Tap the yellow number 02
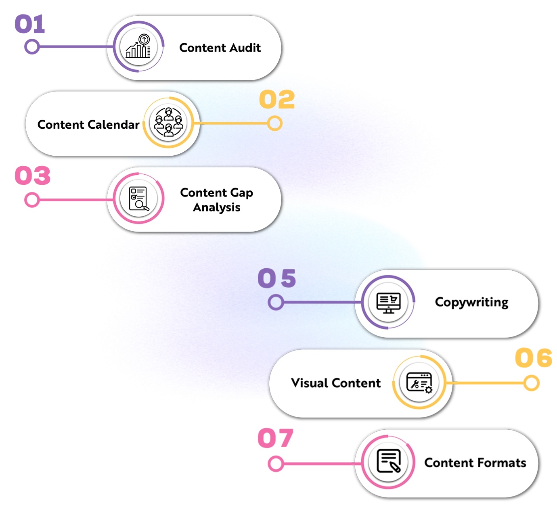tap(277, 100)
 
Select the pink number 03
tap(32, 176)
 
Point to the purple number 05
tap(277, 278)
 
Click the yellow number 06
tap(533, 357)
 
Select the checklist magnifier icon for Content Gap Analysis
tap(139, 199)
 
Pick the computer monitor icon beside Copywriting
tap(388, 302)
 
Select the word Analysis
tap(217, 207)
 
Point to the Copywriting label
tap(471, 302)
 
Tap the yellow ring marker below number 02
tap(275, 123)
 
